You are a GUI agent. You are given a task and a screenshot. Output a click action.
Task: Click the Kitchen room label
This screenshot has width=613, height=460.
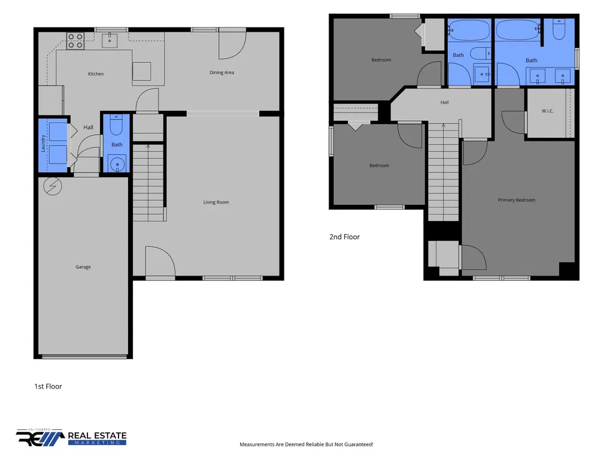(96, 74)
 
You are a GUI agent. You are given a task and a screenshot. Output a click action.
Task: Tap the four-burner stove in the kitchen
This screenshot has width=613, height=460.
(75, 41)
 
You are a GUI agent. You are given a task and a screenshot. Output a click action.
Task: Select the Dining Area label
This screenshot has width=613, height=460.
(221, 72)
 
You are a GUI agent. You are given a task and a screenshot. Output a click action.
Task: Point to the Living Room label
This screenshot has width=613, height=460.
(216, 202)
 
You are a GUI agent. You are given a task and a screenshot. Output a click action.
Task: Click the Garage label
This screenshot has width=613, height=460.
(83, 267)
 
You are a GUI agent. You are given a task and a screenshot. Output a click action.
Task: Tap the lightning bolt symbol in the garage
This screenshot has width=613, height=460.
(53, 187)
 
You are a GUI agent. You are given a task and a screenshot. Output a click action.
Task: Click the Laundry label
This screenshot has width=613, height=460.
(43, 143)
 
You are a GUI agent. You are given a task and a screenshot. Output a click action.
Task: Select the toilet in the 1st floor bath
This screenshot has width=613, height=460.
(117, 125)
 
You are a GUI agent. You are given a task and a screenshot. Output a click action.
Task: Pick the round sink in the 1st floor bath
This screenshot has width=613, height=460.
(117, 164)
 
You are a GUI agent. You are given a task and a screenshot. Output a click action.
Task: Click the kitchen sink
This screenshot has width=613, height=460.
(110, 40)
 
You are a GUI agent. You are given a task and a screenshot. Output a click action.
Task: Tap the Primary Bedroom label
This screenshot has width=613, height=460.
(517, 200)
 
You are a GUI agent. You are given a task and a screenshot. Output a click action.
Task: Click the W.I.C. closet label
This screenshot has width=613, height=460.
(547, 111)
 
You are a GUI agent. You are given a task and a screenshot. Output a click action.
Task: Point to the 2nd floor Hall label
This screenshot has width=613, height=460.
(445, 102)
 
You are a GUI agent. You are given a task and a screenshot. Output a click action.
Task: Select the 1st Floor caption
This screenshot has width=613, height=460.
(48, 386)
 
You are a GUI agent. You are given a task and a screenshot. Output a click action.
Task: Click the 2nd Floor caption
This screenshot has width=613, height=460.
(344, 237)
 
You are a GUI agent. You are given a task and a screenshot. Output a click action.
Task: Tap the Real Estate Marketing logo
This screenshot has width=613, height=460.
(71, 437)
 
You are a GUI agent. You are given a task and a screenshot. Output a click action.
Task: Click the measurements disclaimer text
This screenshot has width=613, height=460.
(306, 444)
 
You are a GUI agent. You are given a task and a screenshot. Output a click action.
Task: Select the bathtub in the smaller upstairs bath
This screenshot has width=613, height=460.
(469, 30)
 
